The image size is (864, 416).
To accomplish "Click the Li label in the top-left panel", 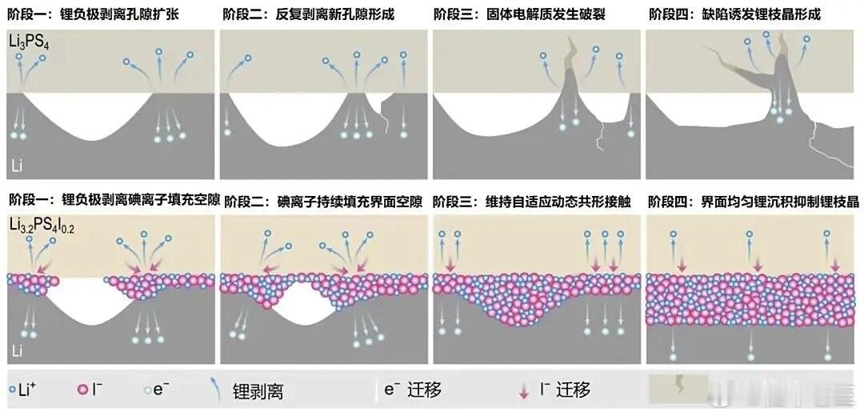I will pyautogui.click(x=18, y=166).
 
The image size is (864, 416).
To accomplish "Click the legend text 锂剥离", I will pyautogui.click(x=258, y=391).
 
